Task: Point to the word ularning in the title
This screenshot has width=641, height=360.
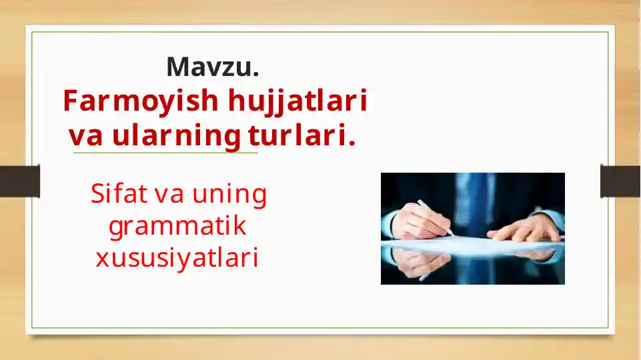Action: [176, 137]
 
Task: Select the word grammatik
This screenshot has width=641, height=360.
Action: [177, 226]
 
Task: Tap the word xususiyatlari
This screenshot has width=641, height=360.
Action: [177, 258]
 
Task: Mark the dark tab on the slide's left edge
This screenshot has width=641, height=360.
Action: [19, 181]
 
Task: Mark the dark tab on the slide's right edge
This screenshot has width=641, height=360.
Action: [620, 181]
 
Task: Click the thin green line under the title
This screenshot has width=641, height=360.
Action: [165, 153]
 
